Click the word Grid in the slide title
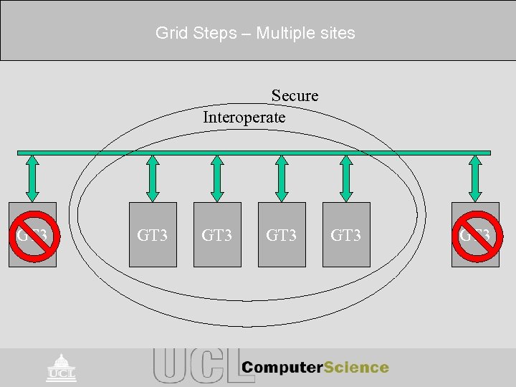coord(169,33)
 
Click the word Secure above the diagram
coord(295,95)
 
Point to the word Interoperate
coord(244,117)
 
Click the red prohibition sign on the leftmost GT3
coord(32,234)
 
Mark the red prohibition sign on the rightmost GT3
coord(475,234)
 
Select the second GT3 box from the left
coord(153,234)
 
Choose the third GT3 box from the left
coord(217,234)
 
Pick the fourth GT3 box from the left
coord(282,234)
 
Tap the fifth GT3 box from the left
coord(346,234)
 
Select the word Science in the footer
coord(356,368)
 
